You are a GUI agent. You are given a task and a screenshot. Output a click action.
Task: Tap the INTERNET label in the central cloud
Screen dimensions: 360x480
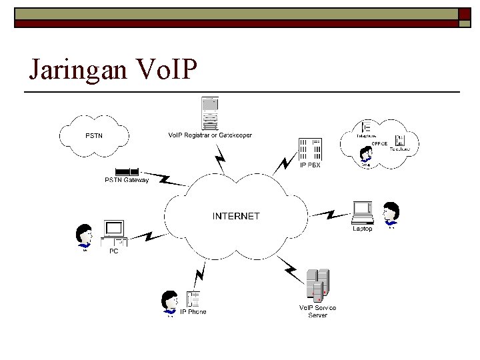click(236, 216)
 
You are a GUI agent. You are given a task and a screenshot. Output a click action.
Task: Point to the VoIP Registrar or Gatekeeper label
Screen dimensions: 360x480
click(209, 135)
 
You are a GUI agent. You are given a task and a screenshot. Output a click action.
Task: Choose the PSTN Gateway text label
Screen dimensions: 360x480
click(126, 180)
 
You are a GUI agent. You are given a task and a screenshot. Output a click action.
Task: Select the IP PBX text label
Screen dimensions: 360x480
click(309, 165)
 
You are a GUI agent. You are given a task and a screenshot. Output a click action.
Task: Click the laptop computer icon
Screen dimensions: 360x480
click(363, 213)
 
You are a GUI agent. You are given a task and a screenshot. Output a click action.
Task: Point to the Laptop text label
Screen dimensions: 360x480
click(362, 229)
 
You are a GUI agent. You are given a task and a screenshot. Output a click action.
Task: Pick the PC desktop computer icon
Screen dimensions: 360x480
click(113, 234)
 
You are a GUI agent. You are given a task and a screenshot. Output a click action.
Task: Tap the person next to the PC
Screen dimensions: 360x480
click(85, 238)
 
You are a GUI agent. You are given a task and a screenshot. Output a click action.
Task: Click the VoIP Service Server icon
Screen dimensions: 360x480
click(317, 285)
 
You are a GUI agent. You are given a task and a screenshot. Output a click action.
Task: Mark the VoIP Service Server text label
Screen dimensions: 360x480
click(317, 311)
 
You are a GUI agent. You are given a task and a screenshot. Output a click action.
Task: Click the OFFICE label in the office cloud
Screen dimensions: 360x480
click(379, 143)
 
